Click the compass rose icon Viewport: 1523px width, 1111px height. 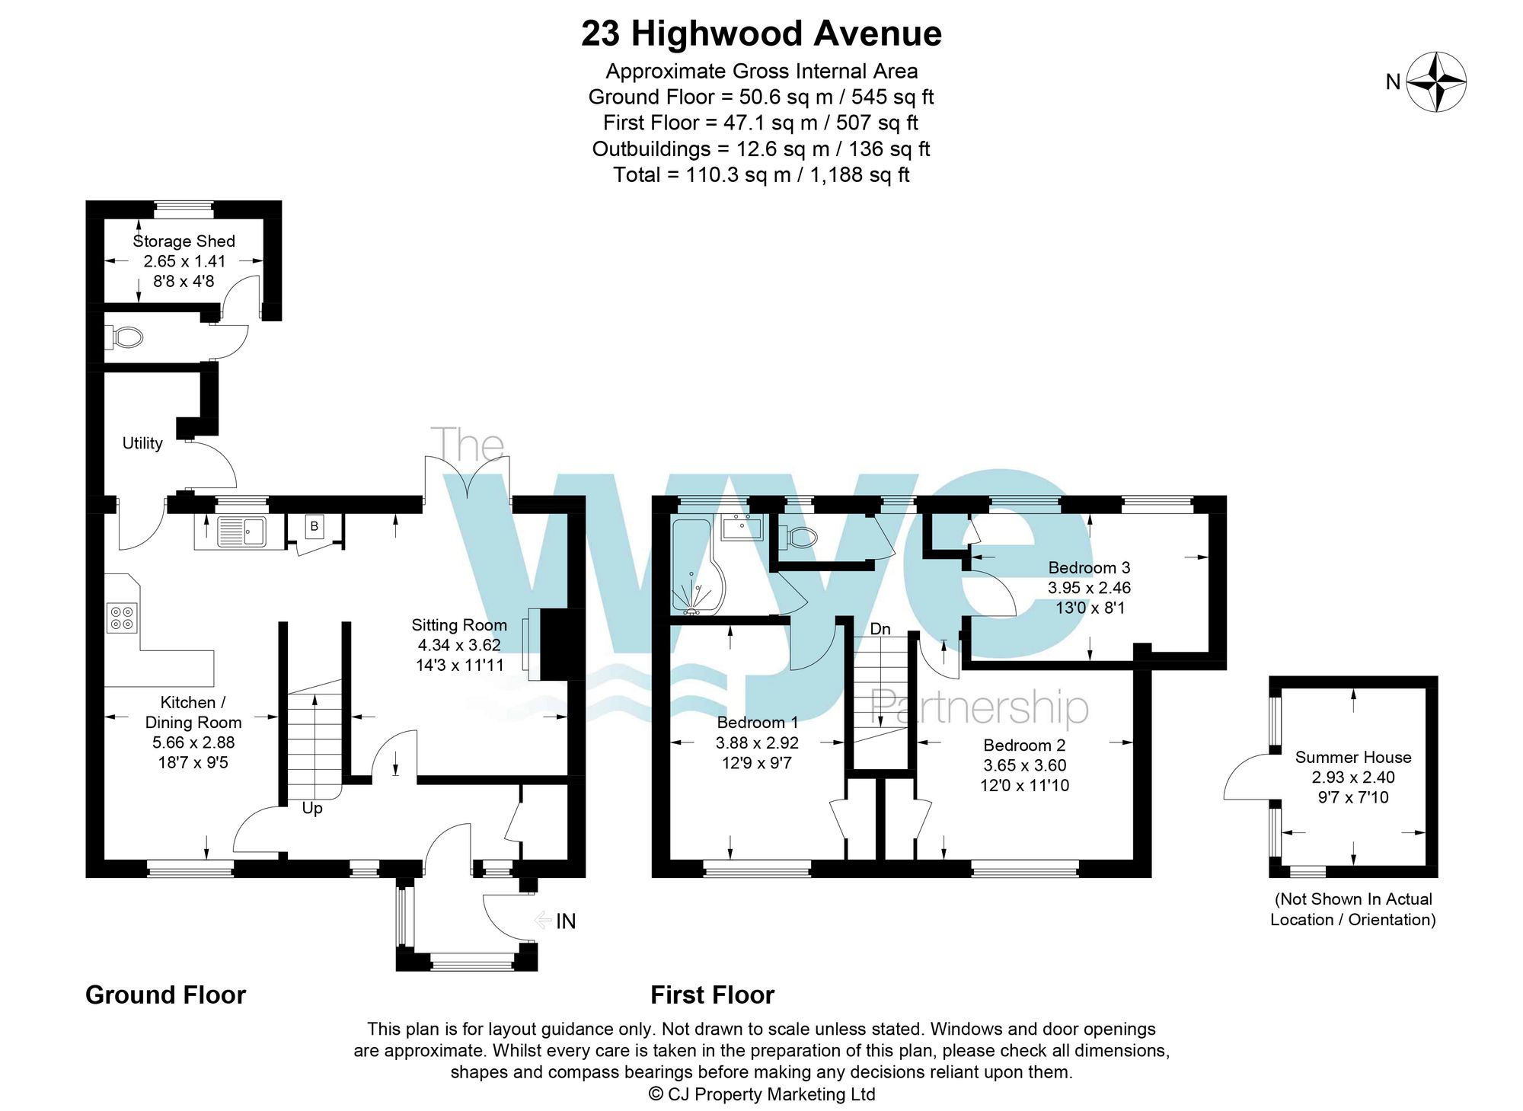1435,81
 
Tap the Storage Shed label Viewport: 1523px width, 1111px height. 184,241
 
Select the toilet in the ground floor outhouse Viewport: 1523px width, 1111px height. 127,337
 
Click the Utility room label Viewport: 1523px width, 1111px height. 142,443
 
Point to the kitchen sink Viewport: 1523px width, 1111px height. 241,532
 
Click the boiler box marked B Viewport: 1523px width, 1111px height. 314,526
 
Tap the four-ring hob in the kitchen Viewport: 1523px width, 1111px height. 122,618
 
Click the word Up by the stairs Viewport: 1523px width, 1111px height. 312,808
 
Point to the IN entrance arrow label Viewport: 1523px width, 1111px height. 564,921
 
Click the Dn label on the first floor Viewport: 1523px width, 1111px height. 880,629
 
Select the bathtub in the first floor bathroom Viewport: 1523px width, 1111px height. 694,567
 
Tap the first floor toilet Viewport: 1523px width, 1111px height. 800,538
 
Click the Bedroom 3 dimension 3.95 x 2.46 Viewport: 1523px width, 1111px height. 1089,588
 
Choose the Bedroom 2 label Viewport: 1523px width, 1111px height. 1024,745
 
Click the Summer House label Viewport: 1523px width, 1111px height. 1353,758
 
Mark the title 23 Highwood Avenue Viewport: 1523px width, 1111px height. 761,34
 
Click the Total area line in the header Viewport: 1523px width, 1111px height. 761,175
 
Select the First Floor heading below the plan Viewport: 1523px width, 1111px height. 712,995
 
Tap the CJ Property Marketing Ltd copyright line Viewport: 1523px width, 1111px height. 761,1094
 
